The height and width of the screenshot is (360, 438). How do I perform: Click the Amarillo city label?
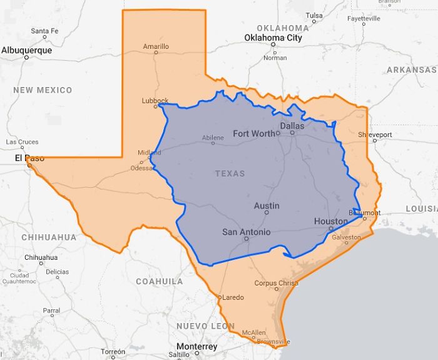(156, 46)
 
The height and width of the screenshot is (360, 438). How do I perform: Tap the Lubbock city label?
(155, 100)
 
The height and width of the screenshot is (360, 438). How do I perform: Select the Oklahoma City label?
(273, 38)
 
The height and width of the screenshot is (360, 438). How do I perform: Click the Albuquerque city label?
(26, 49)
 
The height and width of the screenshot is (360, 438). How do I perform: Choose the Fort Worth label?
(253, 133)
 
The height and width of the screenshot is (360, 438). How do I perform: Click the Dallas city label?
(292, 126)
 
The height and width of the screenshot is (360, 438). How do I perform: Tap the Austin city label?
(267, 206)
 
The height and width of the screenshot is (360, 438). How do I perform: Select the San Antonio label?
(247, 232)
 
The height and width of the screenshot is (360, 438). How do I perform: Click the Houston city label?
(330, 222)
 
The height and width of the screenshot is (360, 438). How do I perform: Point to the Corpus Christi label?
(276, 284)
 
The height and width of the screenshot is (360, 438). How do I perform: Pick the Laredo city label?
(233, 297)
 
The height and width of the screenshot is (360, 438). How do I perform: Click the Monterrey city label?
(196, 347)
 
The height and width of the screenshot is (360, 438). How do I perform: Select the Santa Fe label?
(44, 31)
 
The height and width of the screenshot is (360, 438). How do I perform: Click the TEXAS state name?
(230, 173)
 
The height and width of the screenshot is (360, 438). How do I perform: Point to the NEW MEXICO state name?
(43, 90)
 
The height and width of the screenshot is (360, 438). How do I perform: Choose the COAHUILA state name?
(160, 282)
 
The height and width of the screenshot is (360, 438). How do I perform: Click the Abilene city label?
(213, 138)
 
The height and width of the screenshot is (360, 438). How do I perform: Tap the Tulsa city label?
(314, 15)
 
